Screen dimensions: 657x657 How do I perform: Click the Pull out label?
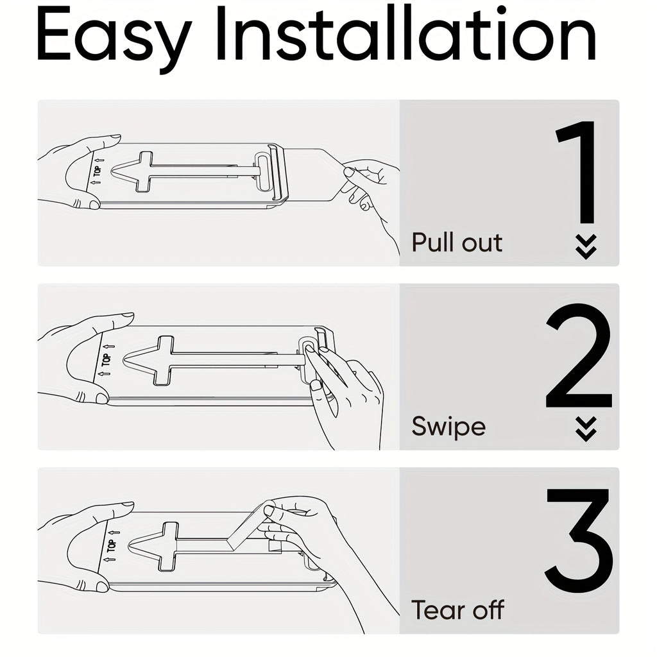[x=457, y=243]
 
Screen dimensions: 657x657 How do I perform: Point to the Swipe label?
[x=448, y=427]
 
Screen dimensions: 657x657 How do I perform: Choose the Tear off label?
[x=457, y=610]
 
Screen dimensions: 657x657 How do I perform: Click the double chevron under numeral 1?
[x=586, y=246]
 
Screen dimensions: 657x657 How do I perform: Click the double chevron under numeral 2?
[x=586, y=429]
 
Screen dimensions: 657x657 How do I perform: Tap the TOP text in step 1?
[x=98, y=171]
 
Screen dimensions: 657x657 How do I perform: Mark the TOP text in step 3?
[x=112, y=545]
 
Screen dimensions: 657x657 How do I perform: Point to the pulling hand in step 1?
[x=372, y=186]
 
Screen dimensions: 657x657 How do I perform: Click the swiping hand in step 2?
[x=346, y=391]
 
